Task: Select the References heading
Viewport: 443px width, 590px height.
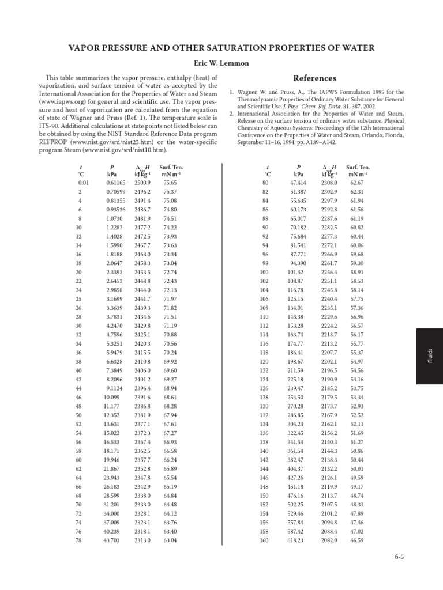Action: point(314,78)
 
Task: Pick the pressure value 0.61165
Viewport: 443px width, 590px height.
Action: point(115,183)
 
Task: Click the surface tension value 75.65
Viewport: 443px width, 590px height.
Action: point(170,183)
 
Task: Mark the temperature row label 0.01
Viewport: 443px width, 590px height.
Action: point(81,183)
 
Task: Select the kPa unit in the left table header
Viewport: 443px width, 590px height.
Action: point(112,174)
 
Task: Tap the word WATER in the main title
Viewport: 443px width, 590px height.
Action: point(355,47)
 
